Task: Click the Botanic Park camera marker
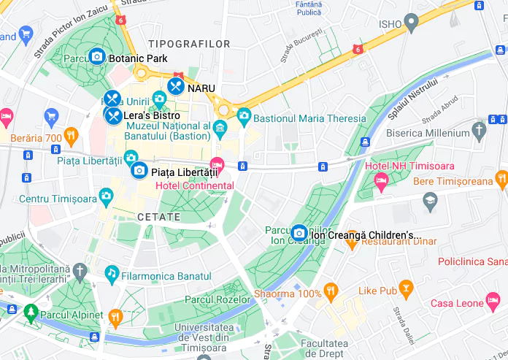point(96,56)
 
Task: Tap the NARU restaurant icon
point(175,86)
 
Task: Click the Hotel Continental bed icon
point(217,165)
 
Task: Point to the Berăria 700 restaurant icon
point(71,135)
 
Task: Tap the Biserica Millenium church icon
point(479,131)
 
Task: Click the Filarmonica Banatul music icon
point(112,274)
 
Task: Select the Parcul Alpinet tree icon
point(31,313)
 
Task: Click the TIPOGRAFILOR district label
point(189,45)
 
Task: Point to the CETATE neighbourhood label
point(158,217)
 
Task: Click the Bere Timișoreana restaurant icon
point(501,178)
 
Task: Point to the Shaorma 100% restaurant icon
point(332,292)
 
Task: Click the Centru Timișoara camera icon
point(107,196)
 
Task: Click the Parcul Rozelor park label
point(218,299)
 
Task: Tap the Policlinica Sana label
point(472,261)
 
